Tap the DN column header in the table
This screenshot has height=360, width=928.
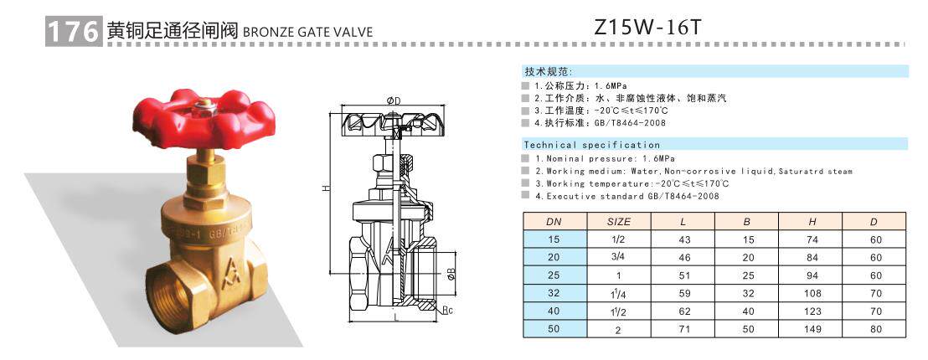[x=554, y=222]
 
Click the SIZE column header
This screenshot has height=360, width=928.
[x=617, y=222]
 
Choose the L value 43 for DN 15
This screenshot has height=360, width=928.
[x=683, y=239]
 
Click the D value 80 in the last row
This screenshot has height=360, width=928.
[x=875, y=329]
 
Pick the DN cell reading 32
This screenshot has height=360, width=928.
[x=554, y=293]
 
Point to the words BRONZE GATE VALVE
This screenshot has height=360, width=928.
[x=307, y=33]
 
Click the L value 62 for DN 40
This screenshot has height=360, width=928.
[x=683, y=311]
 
